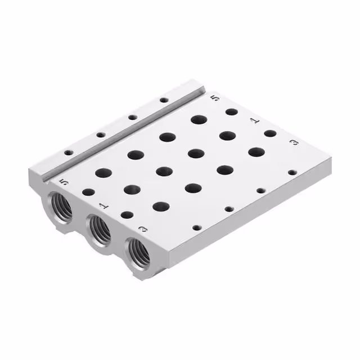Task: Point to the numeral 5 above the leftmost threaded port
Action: pos(63,182)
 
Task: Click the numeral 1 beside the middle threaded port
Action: pos(103,206)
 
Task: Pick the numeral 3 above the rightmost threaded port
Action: pos(143,229)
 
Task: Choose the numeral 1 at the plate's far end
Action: pos(254,120)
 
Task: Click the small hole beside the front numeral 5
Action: pos(88,192)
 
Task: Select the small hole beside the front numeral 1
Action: pos(127,215)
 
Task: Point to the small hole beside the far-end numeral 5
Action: pos(231,112)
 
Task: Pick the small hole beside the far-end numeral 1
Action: pos(270,134)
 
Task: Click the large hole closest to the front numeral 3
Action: pos(161,206)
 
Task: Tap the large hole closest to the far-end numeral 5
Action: pos(198,119)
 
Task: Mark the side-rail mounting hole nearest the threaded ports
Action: pos(68,152)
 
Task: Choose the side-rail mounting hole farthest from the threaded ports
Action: pos(164,100)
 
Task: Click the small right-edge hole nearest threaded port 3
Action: pos(196,228)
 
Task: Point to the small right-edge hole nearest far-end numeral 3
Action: pos(292,173)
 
